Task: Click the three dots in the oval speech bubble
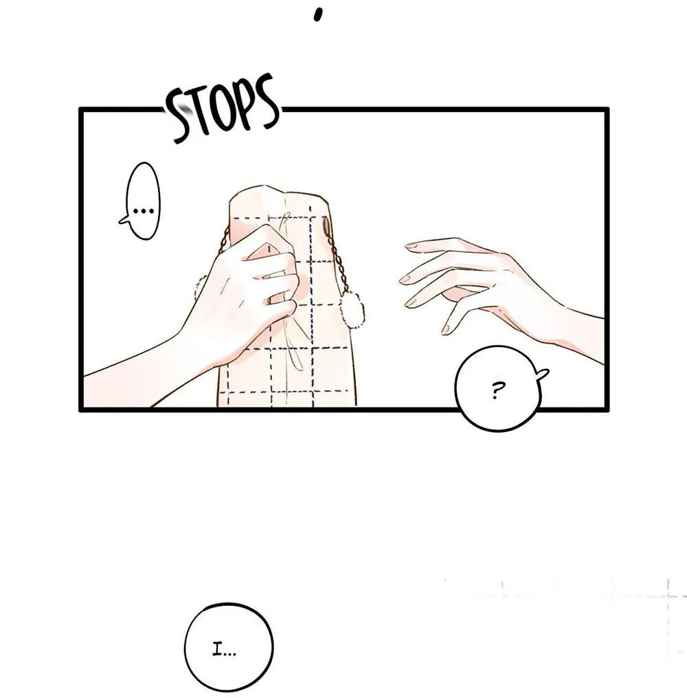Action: tap(143, 210)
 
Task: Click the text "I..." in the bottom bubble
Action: tap(223, 651)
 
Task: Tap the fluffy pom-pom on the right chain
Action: tap(351, 308)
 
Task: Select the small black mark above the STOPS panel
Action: tap(317, 14)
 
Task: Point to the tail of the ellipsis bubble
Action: tap(124, 219)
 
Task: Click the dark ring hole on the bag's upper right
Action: tap(326, 226)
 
